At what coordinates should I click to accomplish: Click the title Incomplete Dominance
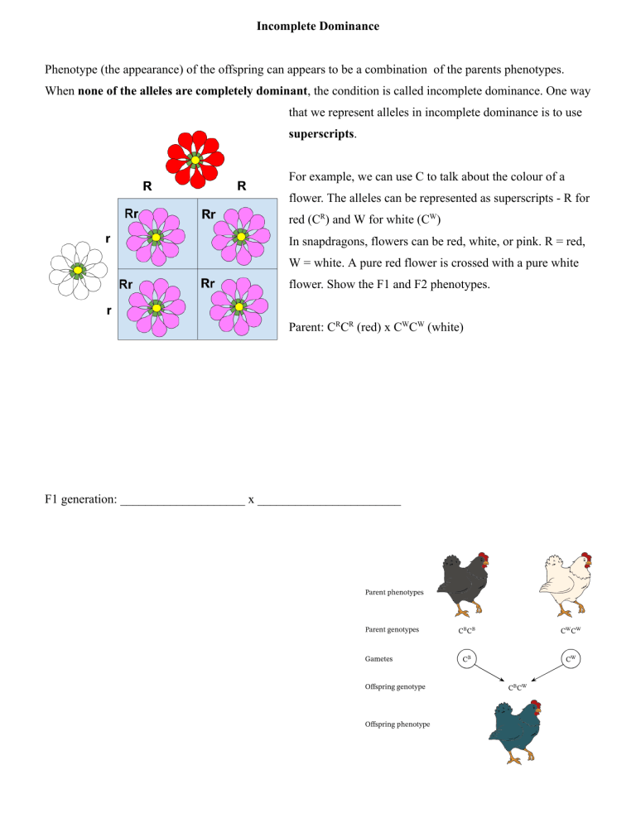pyautogui.click(x=318, y=26)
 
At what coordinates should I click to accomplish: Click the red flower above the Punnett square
pyautogui.click(x=195, y=160)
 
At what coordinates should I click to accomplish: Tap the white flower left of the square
pyautogui.click(x=78, y=270)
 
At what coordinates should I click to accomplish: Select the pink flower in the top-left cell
pyautogui.click(x=156, y=237)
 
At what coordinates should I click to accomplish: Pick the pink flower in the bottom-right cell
pyautogui.click(x=239, y=306)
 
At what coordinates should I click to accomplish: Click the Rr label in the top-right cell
pyautogui.click(x=209, y=214)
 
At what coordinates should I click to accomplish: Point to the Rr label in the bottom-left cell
pyautogui.click(x=126, y=284)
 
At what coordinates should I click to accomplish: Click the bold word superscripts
pyautogui.click(x=321, y=134)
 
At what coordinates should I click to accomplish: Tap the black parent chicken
pyautogui.click(x=465, y=583)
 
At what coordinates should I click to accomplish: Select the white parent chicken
pyautogui.click(x=566, y=583)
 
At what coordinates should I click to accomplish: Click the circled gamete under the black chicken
pyautogui.click(x=466, y=659)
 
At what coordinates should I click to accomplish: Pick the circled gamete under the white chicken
pyautogui.click(x=571, y=659)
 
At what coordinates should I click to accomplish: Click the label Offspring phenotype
pyautogui.click(x=397, y=724)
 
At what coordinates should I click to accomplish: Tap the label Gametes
pyautogui.click(x=378, y=659)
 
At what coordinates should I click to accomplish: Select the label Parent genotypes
pyautogui.click(x=392, y=629)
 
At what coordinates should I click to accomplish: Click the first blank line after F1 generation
pyautogui.click(x=183, y=504)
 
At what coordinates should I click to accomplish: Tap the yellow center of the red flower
pyautogui.click(x=195, y=160)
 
